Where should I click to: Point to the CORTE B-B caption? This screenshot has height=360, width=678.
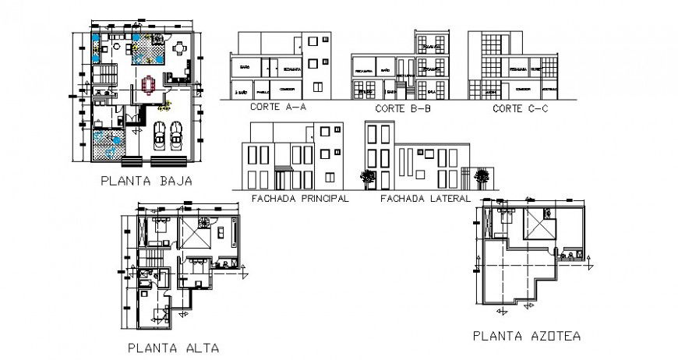click(x=402, y=109)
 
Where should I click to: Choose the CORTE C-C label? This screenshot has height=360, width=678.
click(x=520, y=109)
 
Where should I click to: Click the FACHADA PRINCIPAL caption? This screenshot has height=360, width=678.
click(x=299, y=199)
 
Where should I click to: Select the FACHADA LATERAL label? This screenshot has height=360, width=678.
click(x=426, y=199)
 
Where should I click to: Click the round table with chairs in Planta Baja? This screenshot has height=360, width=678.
click(x=179, y=50)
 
